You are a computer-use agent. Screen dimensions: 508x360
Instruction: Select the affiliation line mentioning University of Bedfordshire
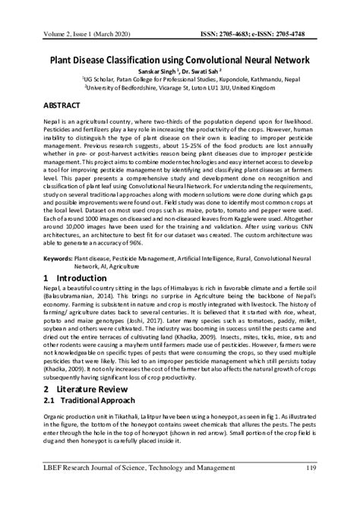180,87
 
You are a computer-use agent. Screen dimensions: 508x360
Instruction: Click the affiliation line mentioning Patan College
180,77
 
